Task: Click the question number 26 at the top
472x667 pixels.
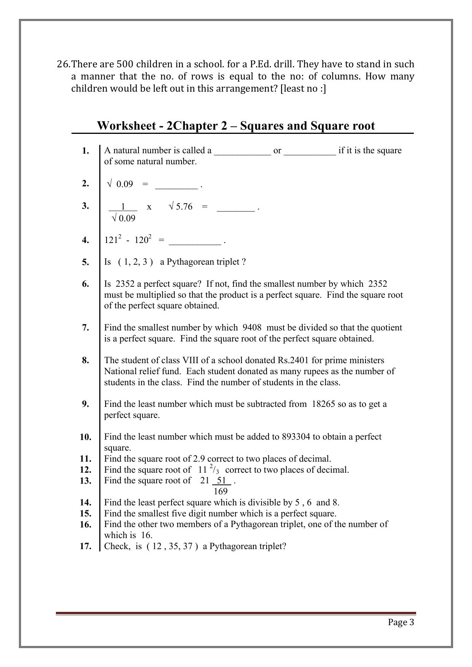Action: [63, 64]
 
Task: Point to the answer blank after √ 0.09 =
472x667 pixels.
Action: [176, 185]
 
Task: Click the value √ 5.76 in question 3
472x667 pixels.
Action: [181, 206]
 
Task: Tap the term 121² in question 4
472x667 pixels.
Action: [113, 240]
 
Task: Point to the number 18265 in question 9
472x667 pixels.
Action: [323, 404]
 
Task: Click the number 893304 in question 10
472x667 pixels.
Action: [296, 437]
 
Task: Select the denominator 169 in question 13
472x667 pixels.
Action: [221, 491]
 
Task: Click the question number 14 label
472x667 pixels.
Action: [86, 503]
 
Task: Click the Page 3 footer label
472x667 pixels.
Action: [401, 622]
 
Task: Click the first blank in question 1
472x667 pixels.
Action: [242, 151]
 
